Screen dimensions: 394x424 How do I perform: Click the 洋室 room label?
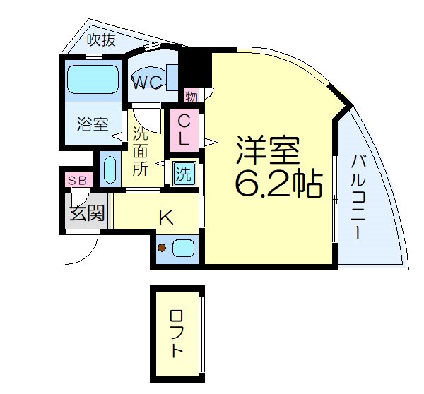[x=268, y=150]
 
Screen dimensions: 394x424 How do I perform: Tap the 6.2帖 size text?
[x=278, y=184]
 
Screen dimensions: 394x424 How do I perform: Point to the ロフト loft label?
[x=176, y=333]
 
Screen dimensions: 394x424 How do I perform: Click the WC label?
[x=149, y=82]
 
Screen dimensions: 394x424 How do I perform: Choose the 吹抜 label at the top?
[x=101, y=40]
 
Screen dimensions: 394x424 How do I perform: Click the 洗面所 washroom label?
[x=140, y=150]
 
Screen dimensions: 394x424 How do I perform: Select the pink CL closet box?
[x=182, y=129]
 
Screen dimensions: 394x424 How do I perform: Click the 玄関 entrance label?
[x=87, y=212]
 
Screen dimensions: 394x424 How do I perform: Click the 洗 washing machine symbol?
[x=184, y=172]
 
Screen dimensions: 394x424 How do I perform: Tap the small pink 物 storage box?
[x=191, y=95]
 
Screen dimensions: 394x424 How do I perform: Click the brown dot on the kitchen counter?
[x=162, y=248]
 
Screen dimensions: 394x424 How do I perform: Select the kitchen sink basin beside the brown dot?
[x=184, y=248]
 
